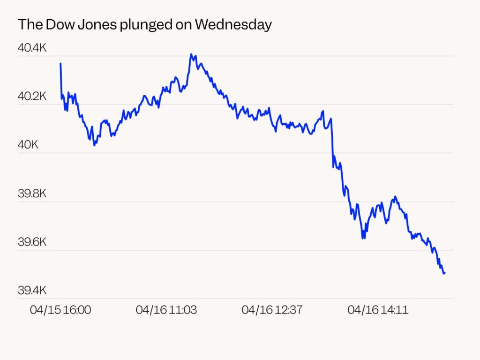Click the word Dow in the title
(57, 25)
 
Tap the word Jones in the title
(94, 25)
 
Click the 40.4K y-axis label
(32, 48)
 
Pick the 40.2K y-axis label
(32, 97)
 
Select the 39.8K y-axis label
(32, 194)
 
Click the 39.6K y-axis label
(32, 242)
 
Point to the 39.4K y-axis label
(32, 291)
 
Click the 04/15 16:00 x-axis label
(60, 310)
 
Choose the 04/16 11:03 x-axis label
(166, 310)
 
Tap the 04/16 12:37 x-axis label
(272, 310)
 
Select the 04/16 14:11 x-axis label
(378, 310)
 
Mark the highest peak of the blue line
(191, 54)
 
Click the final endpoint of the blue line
(444, 273)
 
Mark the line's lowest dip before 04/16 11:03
(95, 145)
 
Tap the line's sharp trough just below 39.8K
(363, 238)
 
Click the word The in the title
(30, 25)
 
